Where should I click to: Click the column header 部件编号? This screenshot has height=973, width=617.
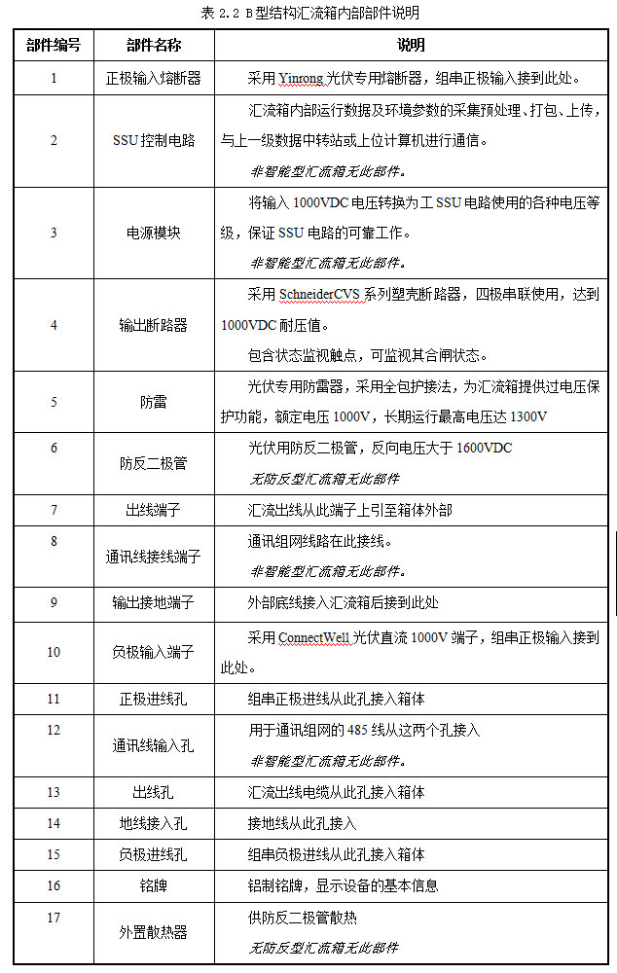click(54, 45)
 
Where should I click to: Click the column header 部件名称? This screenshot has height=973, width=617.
click(153, 45)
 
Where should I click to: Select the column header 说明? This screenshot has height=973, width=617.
click(411, 45)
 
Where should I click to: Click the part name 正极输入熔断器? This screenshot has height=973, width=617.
click(153, 77)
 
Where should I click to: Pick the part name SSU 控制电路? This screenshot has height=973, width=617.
click(153, 140)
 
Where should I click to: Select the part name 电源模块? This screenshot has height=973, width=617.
click(153, 234)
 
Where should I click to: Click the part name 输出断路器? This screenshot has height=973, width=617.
click(153, 325)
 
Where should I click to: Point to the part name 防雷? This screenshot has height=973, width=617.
click(153, 402)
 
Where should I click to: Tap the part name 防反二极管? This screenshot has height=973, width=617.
click(153, 463)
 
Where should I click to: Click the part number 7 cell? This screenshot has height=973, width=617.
click(54, 510)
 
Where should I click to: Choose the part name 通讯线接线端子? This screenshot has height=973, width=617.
click(153, 557)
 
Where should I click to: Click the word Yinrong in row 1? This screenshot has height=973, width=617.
click(278, 77)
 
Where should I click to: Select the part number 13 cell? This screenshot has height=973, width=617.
click(54, 792)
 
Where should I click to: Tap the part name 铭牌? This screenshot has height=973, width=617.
click(153, 885)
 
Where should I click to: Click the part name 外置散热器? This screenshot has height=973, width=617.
click(153, 932)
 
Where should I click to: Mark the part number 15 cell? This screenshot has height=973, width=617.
click(54, 854)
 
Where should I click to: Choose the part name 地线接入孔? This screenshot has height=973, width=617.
click(153, 823)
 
